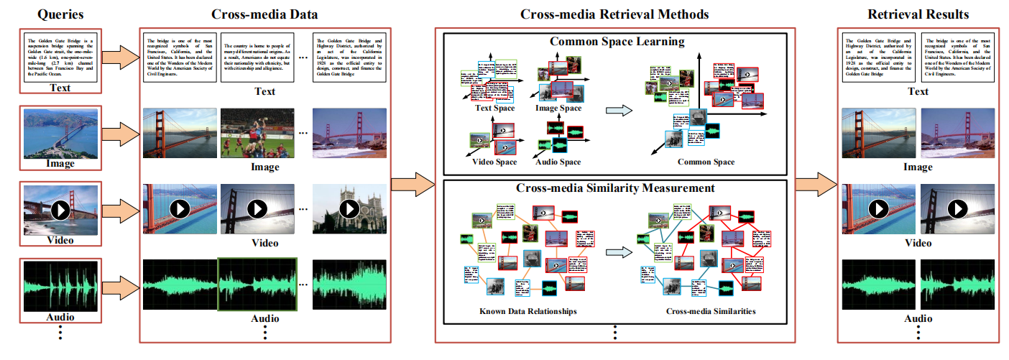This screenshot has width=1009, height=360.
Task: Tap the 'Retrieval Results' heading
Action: (918, 14)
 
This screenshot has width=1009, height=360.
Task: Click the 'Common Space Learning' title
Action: (617, 41)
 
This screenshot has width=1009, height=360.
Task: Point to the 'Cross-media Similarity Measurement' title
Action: (615, 188)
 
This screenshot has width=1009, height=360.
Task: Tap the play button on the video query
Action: (60, 208)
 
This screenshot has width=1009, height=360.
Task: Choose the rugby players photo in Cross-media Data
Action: (257, 133)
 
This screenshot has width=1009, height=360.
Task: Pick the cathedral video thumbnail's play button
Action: (349, 208)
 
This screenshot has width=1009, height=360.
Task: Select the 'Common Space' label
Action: (706, 162)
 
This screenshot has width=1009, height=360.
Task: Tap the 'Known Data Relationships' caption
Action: (527, 311)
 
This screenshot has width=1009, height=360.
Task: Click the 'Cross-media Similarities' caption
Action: (709, 311)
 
